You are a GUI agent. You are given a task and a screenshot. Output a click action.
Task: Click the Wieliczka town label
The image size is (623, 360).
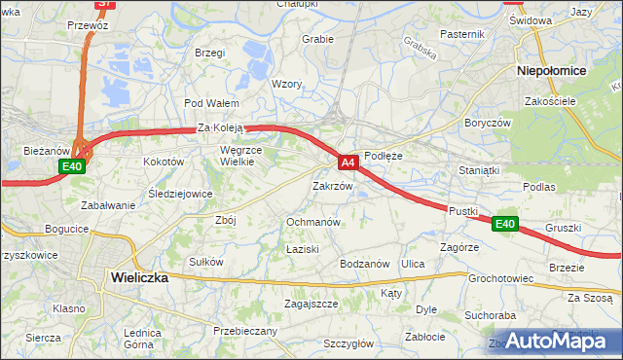pos(139,277)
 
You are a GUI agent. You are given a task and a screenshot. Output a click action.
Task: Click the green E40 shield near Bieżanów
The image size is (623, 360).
pos(73,167)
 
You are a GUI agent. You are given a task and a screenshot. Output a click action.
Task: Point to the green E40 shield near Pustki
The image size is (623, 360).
pos(504,225)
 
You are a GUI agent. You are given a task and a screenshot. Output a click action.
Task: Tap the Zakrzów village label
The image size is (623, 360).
pos(331,185)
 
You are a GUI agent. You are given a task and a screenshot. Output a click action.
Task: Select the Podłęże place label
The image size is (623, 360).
pos(384,156)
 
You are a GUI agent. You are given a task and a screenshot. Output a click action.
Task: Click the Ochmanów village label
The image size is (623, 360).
pos(312,222)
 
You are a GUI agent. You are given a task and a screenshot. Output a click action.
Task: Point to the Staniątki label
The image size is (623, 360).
pos(479,170)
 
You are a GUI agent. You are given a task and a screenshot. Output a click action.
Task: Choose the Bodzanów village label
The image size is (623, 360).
pos(364,264)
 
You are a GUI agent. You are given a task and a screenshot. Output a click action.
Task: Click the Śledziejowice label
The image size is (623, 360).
pos(180,194)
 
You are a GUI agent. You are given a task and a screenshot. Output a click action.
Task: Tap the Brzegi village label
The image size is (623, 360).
pos(210,52)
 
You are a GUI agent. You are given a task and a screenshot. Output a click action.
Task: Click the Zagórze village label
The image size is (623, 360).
pos(458,248)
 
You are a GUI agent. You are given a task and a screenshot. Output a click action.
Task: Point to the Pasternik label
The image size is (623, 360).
pos(462,34)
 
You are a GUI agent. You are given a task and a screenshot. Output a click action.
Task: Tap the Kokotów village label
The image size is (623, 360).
pos(164,162)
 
